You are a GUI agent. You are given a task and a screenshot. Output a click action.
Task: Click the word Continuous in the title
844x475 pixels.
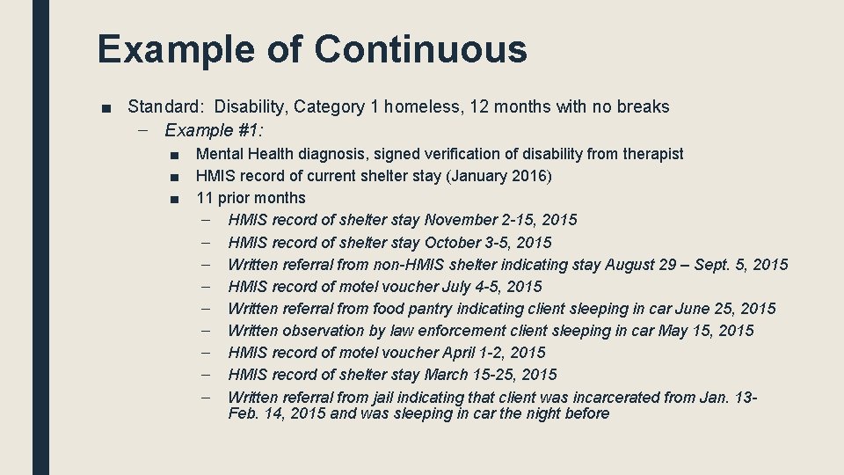pyautogui.click(x=421, y=48)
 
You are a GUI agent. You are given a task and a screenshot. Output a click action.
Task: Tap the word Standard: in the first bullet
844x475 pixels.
pyautogui.click(x=166, y=107)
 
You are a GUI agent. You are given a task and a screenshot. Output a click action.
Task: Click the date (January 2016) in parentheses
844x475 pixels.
pyautogui.click(x=499, y=176)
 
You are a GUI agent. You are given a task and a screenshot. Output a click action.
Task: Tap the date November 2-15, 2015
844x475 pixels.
pyautogui.click(x=501, y=220)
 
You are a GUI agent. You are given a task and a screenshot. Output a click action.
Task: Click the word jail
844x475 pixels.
pyautogui.click(x=386, y=397)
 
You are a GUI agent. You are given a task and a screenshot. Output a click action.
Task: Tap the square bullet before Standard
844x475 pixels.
pyautogui.click(x=105, y=108)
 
